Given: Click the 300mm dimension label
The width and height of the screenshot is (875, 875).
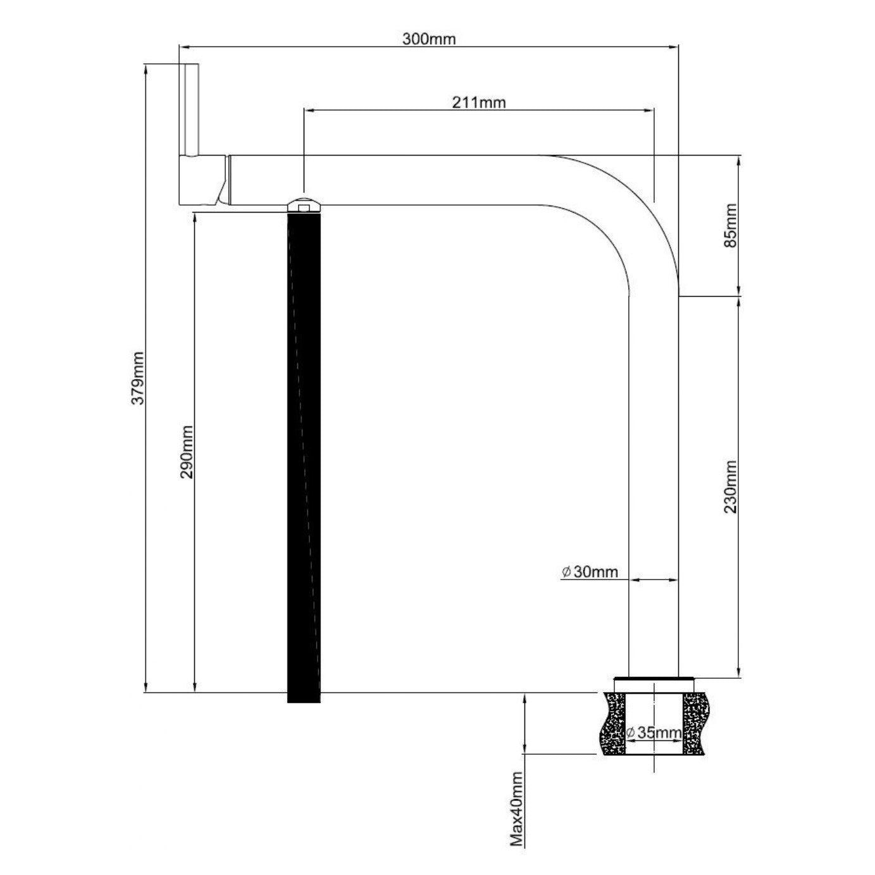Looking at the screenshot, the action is coord(429,39).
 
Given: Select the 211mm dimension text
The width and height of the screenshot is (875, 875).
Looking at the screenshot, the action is coord(478,103).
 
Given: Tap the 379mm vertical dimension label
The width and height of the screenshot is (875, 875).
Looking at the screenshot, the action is coord(137,378).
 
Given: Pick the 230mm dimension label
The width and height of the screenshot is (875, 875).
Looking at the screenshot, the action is coord(731,487).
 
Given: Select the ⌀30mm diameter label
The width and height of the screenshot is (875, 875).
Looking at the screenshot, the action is coord(590,572).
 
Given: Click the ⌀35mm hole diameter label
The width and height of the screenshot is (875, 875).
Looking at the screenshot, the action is coord(654,733).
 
